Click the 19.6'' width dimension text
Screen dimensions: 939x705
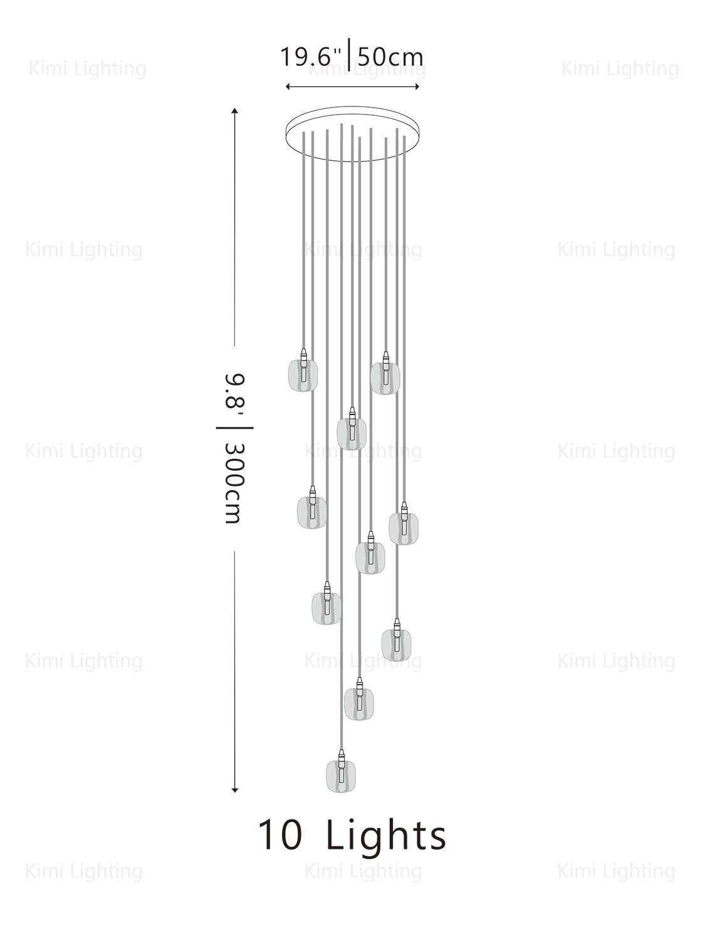click(x=310, y=57)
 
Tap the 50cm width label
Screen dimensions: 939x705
click(x=390, y=57)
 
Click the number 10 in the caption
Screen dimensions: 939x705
click(x=280, y=835)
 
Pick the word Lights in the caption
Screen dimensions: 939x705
click(x=386, y=835)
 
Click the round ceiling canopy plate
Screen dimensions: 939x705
click(x=353, y=130)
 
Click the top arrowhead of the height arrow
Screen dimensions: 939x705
click(x=235, y=111)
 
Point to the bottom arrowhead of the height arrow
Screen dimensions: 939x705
click(x=235, y=790)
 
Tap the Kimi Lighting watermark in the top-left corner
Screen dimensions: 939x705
click(x=88, y=69)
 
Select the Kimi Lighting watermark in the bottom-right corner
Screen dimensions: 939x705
click(x=616, y=871)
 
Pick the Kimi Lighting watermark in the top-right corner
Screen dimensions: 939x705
click(x=620, y=69)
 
